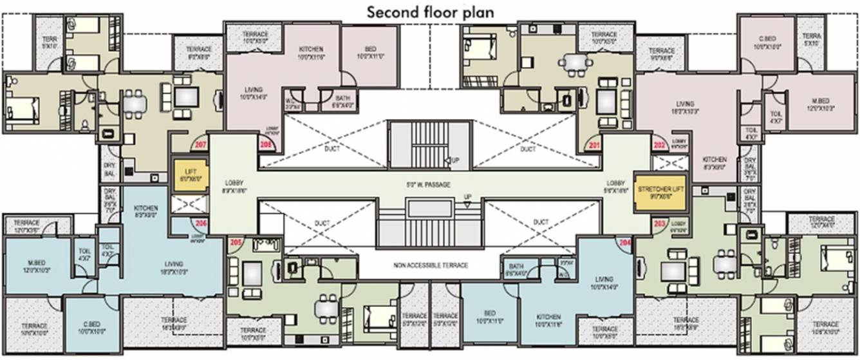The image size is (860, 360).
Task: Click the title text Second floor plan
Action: pyautogui.click(x=431, y=12)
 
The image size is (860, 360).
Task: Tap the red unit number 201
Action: pyautogui.click(x=593, y=146)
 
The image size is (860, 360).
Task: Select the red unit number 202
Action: pyautogui.click(x=659, y=146)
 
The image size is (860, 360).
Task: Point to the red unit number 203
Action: pyautogui.click(x=659, y=223)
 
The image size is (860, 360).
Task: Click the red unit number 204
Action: pyautogui.click(x=624, y=243)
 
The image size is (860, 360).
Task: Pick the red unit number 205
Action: pyautogui.click(x=236, y=243)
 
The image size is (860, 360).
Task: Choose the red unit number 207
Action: pyautogui.click(x=200, y=146)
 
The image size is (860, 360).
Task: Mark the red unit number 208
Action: pyautogui.click(x=266, y=146)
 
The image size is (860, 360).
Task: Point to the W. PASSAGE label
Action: pyautogui.click(x=428, y=185)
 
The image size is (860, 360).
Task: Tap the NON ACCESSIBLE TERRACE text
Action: pyautogui.click(x=429, y=265)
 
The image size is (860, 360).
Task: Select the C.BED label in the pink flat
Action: pyautogui.click(x=765, y=43)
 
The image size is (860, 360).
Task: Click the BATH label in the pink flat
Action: pyautogui.click(x=342, y=100)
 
